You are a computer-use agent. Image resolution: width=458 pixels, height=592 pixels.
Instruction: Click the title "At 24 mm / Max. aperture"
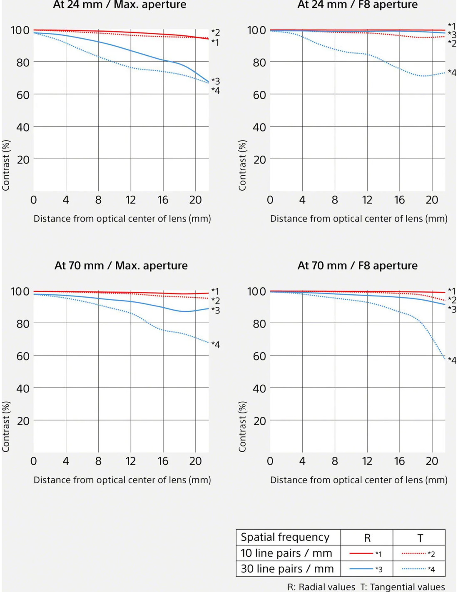[119, 5]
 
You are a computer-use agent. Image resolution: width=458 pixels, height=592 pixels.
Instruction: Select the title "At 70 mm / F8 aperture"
[357, 266]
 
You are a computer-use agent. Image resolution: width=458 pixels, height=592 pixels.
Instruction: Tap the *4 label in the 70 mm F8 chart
[452, 361]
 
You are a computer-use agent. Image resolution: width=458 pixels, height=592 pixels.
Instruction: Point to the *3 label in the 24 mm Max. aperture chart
[215, 81]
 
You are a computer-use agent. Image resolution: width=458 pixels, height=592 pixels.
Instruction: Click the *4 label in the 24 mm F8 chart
[452, 73]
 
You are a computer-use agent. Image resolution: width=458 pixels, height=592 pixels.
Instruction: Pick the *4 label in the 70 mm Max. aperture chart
[215, 345]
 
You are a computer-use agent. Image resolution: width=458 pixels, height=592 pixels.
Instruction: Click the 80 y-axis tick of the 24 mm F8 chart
[259, 63]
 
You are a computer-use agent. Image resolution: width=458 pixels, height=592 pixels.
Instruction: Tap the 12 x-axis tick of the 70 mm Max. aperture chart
[131, 461]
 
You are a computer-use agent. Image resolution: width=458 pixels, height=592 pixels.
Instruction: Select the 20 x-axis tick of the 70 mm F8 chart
[432, 461]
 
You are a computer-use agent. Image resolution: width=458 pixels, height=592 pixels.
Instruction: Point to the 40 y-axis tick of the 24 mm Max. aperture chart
[23, 127]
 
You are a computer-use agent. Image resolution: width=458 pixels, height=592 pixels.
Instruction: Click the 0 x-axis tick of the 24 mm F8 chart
[270, 200]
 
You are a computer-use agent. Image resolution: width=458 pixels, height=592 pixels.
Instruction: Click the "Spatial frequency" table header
[285, 537]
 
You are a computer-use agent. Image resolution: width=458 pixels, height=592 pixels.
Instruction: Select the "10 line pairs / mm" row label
[286, 553]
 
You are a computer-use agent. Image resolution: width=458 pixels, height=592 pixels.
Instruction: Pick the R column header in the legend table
[367, 538]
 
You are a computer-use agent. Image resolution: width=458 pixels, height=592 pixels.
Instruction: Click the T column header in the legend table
[420, 538]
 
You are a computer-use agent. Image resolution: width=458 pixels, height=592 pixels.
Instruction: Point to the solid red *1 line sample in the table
[361, 554]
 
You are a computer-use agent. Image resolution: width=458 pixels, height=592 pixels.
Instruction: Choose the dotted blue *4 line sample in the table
[414, 569]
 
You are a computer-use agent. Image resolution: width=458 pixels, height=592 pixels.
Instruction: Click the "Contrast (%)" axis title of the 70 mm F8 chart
[242, 427]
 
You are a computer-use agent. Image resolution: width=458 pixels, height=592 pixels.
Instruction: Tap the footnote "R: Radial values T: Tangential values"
[366, 587]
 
